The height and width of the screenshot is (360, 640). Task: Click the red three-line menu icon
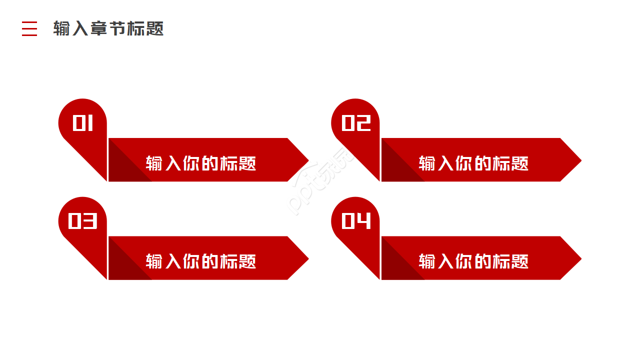29,28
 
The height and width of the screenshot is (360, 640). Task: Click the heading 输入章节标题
108,28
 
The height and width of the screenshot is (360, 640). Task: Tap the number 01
83,123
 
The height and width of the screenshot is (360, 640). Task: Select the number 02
356,123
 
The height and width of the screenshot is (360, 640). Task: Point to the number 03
83,221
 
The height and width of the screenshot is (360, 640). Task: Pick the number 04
356,221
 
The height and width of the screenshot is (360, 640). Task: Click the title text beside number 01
201,163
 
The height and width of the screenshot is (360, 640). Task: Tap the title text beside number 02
473,163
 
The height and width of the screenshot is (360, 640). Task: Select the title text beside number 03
201,261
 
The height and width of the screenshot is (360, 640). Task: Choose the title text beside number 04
473,261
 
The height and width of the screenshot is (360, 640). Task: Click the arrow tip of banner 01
308,160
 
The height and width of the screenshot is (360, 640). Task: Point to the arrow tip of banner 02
581,160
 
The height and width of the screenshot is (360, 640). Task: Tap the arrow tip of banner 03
308,258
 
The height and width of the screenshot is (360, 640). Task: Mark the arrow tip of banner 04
581,258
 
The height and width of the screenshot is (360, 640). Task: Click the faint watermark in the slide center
320,182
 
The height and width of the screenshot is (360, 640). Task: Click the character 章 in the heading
99,28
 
